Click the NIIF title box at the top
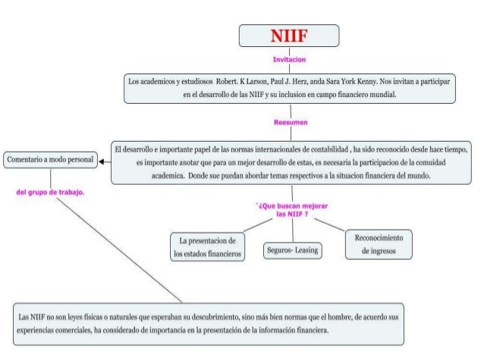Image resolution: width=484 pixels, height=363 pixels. coord(288,36)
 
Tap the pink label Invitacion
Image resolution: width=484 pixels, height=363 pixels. coord(288,58)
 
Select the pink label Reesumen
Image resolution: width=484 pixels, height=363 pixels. coord(288,121)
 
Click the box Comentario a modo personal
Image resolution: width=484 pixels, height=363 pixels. coord(50,161)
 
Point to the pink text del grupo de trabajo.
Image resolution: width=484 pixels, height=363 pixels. coord(50,192)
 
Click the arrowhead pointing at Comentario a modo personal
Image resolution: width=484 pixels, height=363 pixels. coord(101,161)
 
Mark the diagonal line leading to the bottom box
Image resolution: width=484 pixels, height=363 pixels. coord(114,243)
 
